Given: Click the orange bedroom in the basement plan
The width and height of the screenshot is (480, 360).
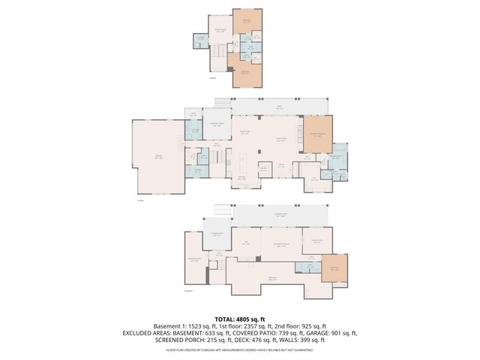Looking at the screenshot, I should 335,270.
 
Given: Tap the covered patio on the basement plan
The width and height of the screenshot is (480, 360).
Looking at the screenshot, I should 280,217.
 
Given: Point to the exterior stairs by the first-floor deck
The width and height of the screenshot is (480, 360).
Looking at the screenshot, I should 222,102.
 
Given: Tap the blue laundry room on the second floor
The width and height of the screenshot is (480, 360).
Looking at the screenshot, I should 201,40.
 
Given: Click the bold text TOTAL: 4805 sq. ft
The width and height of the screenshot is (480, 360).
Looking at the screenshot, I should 239,319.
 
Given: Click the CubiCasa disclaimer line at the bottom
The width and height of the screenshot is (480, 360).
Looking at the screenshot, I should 239,349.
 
